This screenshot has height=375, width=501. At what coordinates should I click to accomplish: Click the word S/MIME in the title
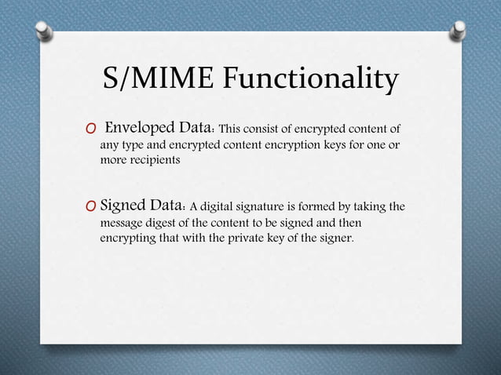tap(157, 78)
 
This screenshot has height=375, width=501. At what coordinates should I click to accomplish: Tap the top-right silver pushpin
tap(458, 30)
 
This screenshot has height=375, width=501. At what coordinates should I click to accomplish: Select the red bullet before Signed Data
tap(91, 207)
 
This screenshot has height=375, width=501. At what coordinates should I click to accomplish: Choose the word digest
tap(166, 222)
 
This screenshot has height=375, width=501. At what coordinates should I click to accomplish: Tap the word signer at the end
tap(338, 237)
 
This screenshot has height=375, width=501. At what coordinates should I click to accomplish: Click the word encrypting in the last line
tap(126, 237)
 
